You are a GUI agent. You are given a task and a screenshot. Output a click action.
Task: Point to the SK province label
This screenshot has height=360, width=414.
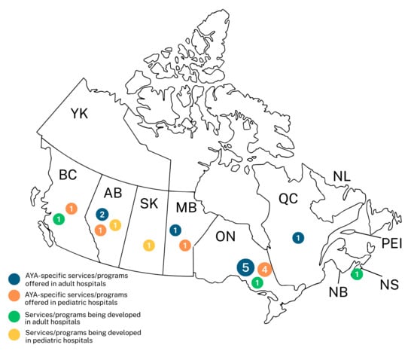tap(147, 203)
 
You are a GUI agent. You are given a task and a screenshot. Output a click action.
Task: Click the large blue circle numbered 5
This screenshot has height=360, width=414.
tap(245, 267)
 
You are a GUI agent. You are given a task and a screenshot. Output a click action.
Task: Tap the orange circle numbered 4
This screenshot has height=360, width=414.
tap(264, 269)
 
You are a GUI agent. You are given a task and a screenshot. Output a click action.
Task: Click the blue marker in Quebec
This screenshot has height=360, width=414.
tap(298, 237)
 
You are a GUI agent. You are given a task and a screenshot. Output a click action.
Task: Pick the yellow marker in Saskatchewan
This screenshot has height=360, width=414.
tap(149, 245)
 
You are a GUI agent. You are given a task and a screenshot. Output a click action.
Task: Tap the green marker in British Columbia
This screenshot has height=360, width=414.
tap(58, 219)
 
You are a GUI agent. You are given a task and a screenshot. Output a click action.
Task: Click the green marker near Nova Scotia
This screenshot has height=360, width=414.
tap(357, 273)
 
